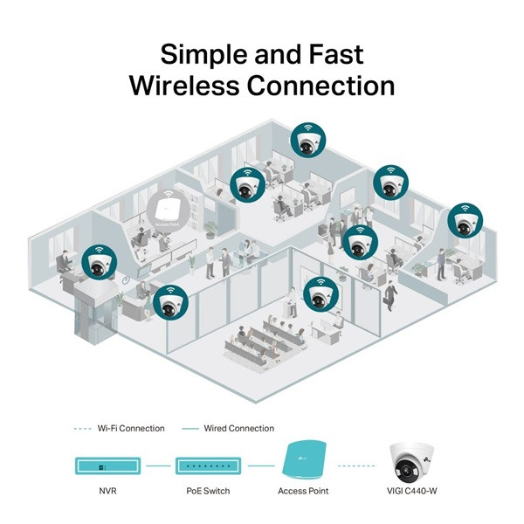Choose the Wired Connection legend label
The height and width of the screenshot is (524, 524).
(238, 428)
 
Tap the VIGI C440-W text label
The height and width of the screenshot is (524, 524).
(412, 492)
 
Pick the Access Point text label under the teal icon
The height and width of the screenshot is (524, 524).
(305, 492)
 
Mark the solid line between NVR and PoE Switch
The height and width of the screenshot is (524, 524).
(158, 466)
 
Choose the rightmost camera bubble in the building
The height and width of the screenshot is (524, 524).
(465, 221)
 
